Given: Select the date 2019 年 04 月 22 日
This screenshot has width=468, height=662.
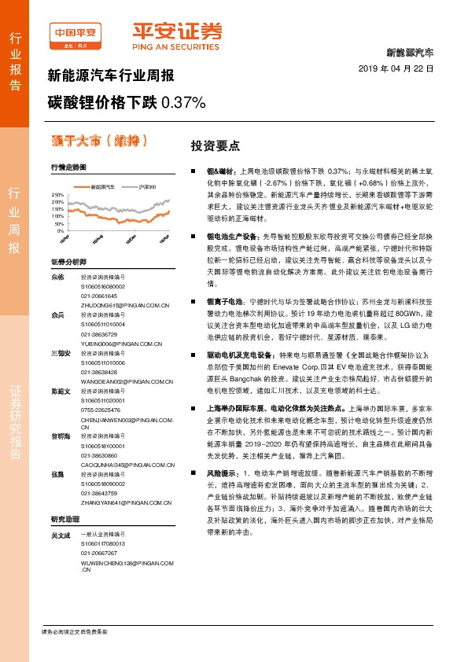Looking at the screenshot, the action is (401, 69).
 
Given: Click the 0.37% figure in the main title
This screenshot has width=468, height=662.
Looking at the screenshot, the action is (182, 103).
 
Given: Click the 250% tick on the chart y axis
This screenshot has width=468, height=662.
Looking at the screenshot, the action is (57, 194).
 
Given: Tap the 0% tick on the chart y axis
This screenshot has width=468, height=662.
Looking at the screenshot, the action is (61, 231).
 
